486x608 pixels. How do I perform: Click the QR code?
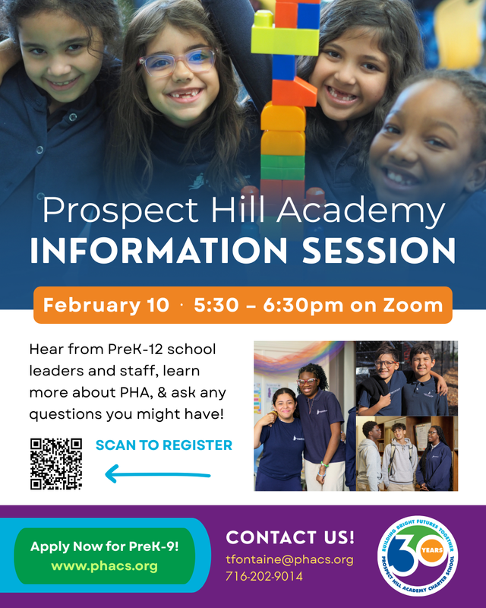click(x=56, y=463)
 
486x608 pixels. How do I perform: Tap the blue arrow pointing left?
click(x=157, y=476)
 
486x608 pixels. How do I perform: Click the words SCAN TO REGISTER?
click(x=164, y=445)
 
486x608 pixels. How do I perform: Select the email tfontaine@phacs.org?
click(x=289, y=559)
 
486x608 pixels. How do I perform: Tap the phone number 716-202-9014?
click(x=264, y=576)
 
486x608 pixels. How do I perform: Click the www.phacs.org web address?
click(x=104, y=565)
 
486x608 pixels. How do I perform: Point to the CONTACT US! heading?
click(x=290, y=537)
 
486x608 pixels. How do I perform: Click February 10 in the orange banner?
click(x=106, y=306)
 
